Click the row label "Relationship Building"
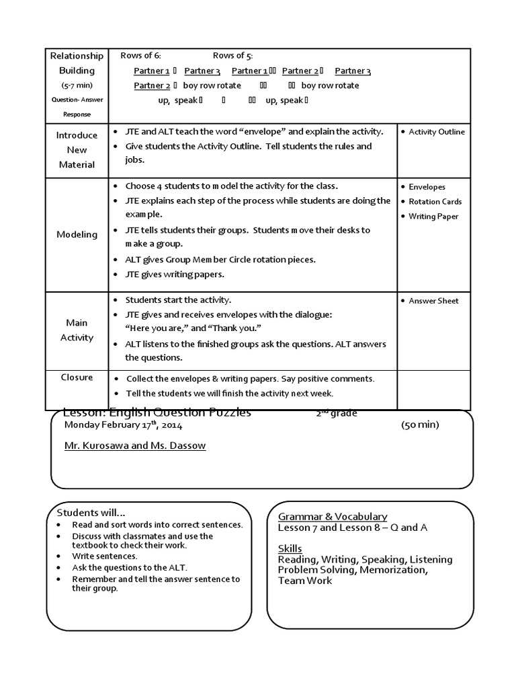click(77, 63)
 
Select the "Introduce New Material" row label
click(77, 149)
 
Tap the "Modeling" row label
click(77, 234)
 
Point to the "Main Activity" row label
click(77, 330)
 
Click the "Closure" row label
click(77, 377)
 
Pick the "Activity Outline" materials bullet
click(437, 132)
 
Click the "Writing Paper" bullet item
click(434, 216)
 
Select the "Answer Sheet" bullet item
click(433, 301)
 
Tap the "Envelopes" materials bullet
click(427, 187)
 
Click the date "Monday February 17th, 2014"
click(123, 425)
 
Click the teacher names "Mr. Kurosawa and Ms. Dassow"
click(135, 446)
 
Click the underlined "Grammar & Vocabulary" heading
click(333, 516)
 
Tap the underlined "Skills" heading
click(290, 548)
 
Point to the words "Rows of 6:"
click(140, 55)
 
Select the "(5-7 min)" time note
click(77, 85)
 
